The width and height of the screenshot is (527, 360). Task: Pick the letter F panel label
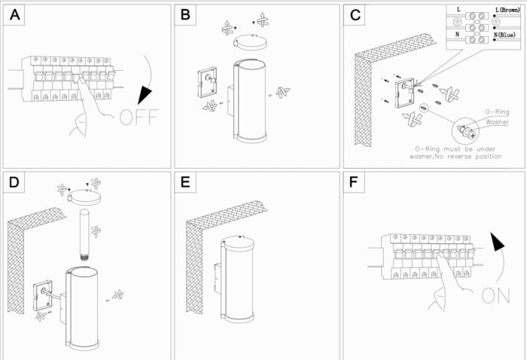pos(356,183)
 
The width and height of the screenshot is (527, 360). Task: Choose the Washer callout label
pos(497,121)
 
